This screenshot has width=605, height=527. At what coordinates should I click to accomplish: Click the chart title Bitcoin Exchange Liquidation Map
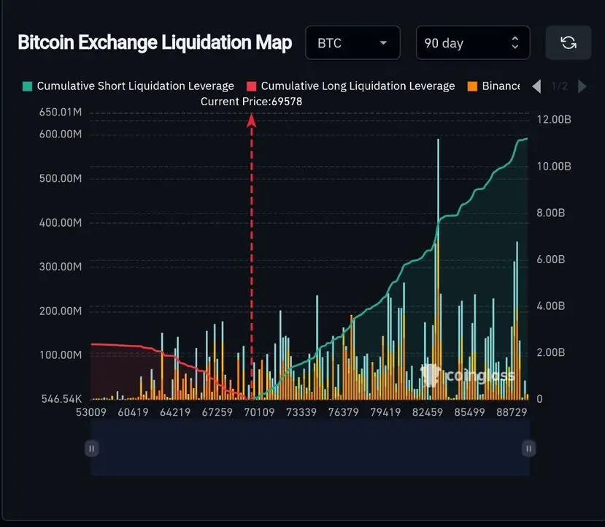tap(155, 42)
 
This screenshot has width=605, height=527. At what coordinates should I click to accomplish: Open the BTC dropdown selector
tap(352, 43)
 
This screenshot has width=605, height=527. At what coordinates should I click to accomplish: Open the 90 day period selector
tap(472, 43)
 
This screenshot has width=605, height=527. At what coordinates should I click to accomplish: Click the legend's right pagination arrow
tap(582, 86)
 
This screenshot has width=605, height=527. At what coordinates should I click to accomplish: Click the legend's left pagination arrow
tap(536, 86)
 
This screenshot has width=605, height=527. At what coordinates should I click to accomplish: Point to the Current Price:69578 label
tap(251, 102)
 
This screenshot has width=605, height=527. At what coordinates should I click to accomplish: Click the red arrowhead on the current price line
tap(252, 121)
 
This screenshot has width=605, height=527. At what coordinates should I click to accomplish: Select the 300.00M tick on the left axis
tap(61, 267)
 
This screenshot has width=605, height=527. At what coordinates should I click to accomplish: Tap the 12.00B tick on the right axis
tap(553, 119)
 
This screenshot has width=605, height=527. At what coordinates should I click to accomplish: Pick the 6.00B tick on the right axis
tap(553, 259)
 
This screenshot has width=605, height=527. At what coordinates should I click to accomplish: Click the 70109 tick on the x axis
tap(259, 412)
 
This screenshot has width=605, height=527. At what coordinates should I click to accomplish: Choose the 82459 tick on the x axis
tap(428, 412)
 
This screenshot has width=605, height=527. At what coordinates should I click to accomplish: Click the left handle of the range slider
tap(91, 448)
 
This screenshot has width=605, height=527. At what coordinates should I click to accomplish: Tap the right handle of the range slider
tap(528, 448)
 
